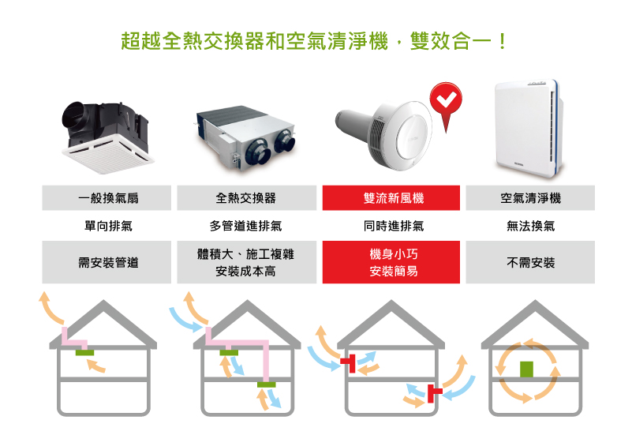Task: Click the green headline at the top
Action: pyautogui.click(x=313, y=41)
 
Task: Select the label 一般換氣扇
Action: pyautogui.click(x=108, y=198)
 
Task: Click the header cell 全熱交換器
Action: pyautogui.click(x=246, y=198)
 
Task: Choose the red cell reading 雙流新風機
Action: pyautogui.click(x=391, y=198)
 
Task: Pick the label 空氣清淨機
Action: pyautogui.click(x=530, y=198)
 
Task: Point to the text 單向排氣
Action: pyautogui.click(x=108, y=226)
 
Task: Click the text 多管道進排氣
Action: pyautogui.click(x=245, y=226)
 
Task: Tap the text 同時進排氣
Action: pyautogui.click(x=394, y=226)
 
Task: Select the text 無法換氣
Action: pyautogui.click(x=530, y=226)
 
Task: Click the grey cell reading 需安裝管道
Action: pyautogui.click(x=107, y=262)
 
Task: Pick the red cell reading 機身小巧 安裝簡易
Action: pyautogui.click(x=391, y=262)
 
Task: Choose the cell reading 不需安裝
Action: pyautogui.click(x=530, y=262)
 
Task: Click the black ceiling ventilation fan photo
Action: pyautogui.click(x=107, y=137)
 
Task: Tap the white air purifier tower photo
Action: pyautogui.click(x=528, y=129)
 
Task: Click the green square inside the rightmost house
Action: pyautogui.click(x=527, y=369)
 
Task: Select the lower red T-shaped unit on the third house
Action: pyautogui.click(x=434, y=392)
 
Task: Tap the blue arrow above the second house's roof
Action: pyautogui.click(x=185, y=319)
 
